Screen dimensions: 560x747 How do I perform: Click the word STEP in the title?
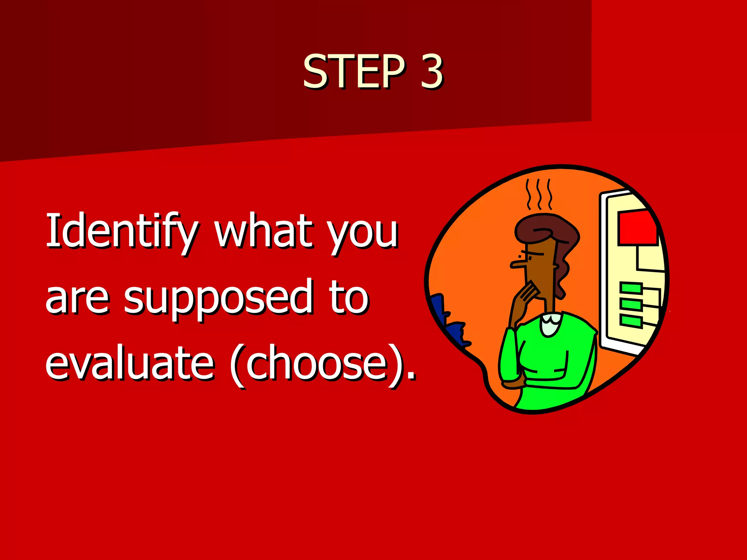354,71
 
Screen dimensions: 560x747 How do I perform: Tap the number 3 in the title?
431,71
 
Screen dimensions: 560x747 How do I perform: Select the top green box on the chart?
631,288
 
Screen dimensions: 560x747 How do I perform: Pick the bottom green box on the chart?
631,321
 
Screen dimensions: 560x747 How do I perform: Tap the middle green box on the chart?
631,304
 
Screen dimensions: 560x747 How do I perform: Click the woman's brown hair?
547,228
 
